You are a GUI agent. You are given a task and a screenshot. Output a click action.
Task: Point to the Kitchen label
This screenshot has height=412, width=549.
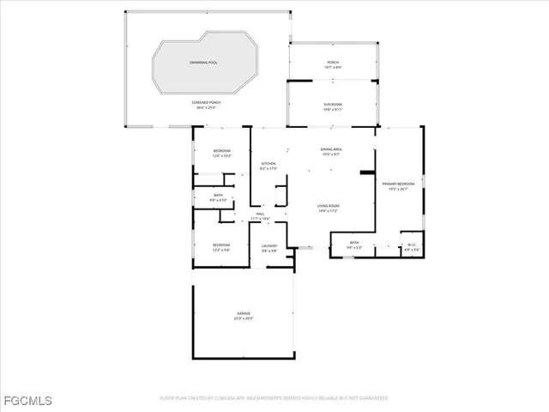(268, 163)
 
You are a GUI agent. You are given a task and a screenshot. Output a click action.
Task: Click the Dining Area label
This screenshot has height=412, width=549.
(331, 149)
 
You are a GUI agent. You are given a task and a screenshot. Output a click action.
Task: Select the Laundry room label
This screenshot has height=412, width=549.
(268, 245)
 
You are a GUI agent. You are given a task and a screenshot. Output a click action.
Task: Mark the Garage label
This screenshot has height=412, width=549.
(244, 314)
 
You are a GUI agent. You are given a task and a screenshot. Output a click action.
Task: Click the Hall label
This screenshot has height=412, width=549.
(260, 215)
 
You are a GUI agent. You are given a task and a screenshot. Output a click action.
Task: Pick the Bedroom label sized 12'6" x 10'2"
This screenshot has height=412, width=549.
(221, 151)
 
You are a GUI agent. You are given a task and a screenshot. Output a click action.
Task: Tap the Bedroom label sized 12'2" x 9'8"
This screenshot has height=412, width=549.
(221, 245)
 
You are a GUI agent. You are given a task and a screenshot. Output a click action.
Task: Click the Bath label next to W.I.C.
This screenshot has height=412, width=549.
(354, 243)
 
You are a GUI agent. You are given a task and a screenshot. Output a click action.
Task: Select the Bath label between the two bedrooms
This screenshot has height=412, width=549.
(218, 197)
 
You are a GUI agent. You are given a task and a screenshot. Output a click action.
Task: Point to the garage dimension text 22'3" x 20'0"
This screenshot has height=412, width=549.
(244, 319)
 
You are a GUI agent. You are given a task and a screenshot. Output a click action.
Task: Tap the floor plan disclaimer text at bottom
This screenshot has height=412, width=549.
(274, 398)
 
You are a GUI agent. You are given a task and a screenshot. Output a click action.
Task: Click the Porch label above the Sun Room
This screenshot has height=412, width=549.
(332, 63)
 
